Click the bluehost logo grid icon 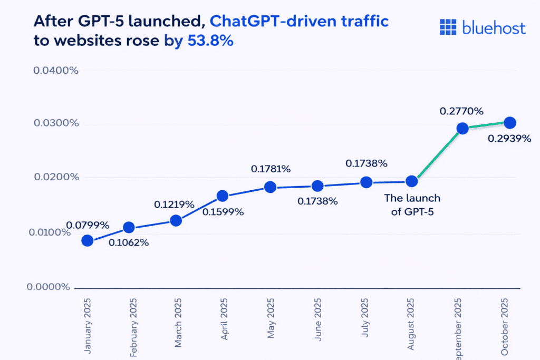tap(448, 27)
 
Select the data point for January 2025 tap(88, 241)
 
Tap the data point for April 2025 tap(222, 196)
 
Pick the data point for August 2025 tap(412, 181)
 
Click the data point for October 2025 tap(510, 123)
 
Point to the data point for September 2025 tap(462, 129)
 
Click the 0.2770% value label tap(462, 111)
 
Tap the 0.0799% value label tap(88, 226)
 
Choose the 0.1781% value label tap(270, 169)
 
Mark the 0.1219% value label tap(175, 204)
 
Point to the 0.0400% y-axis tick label tap(56, 70)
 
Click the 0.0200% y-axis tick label tap(56, 177)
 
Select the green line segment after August tap(437, 155)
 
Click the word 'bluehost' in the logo tap(494, 27)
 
